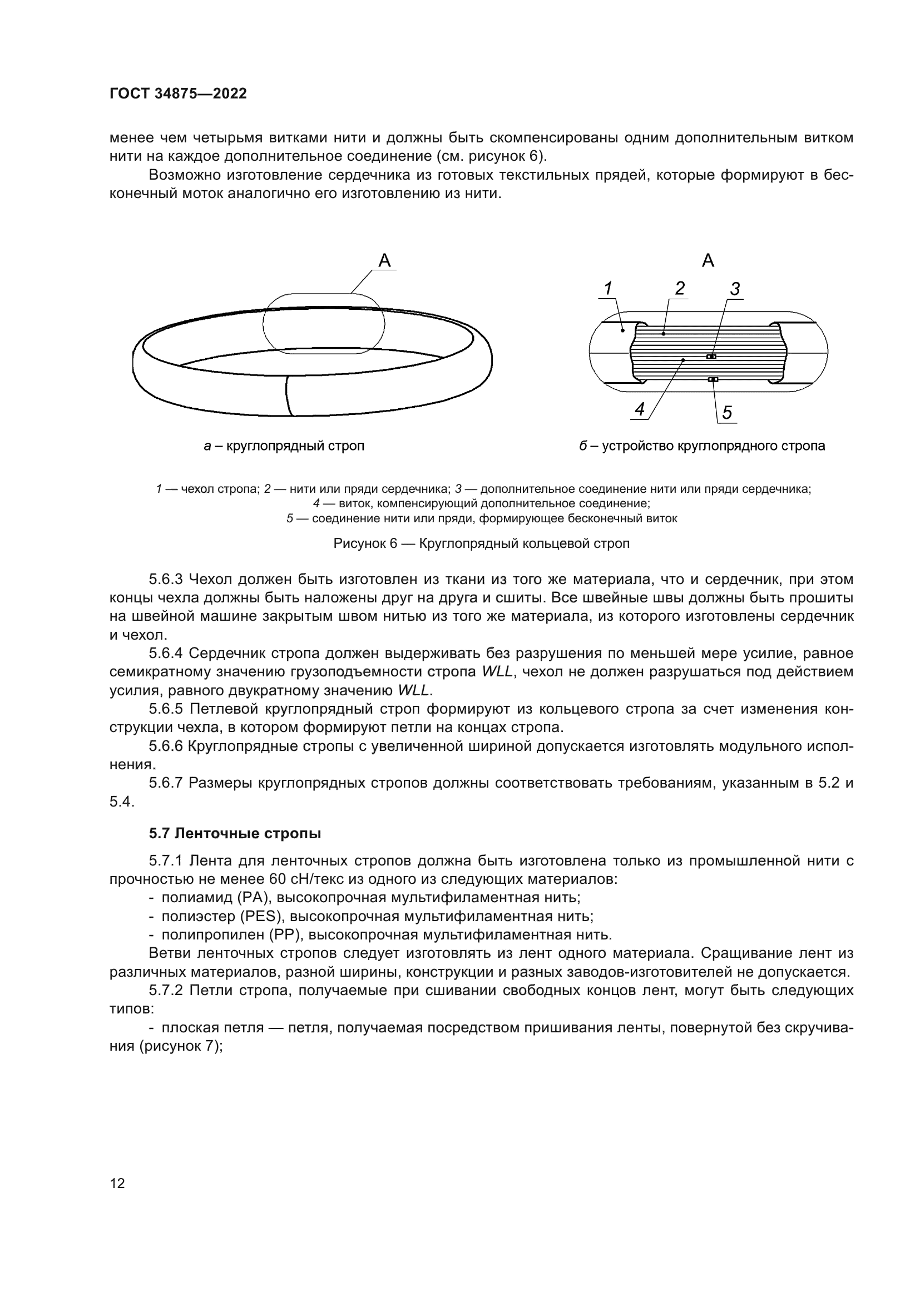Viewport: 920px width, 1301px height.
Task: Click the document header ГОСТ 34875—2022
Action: coord(178,93)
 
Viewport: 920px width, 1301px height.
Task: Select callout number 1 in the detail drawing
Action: coord(608,289)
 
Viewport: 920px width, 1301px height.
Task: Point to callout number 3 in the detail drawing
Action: coord(735,289)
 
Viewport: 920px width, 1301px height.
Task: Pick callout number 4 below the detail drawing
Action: coord(640,409)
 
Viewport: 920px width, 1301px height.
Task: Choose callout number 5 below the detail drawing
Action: coord(727,413)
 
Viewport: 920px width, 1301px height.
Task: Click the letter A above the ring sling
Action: coord(385,261)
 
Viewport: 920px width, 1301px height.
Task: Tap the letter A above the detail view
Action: coord(708,261)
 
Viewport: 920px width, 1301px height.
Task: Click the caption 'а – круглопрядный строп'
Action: coord(284,446)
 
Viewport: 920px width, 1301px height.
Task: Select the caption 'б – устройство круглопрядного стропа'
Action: coord(702,446)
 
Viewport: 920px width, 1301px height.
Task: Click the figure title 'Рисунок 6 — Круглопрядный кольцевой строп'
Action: coord(481,543)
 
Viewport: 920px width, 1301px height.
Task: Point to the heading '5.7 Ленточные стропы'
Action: coord(235,834)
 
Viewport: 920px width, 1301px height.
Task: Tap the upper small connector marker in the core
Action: coord(711,357)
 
